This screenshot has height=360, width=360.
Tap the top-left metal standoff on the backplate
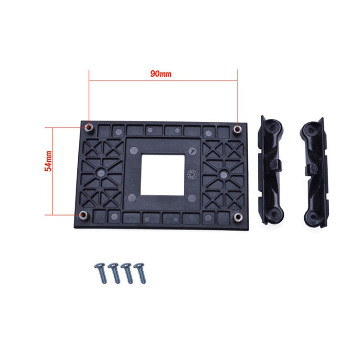(89, 127)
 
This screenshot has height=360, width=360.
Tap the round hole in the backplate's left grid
(100, 171)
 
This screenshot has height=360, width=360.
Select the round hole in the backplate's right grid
(222, 172)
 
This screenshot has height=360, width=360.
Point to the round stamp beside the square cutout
(192, 174)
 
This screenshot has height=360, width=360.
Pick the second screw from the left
(115, 274)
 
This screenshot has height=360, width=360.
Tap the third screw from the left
(128, 274)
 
